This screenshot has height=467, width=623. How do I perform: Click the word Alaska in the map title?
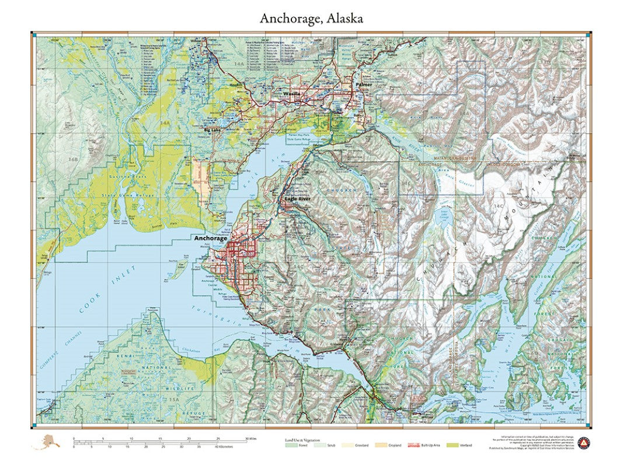344,18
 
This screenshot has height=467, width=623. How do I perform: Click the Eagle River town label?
297,199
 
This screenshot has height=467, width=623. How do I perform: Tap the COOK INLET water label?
107,291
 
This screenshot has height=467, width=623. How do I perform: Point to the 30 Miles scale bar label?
250,438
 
